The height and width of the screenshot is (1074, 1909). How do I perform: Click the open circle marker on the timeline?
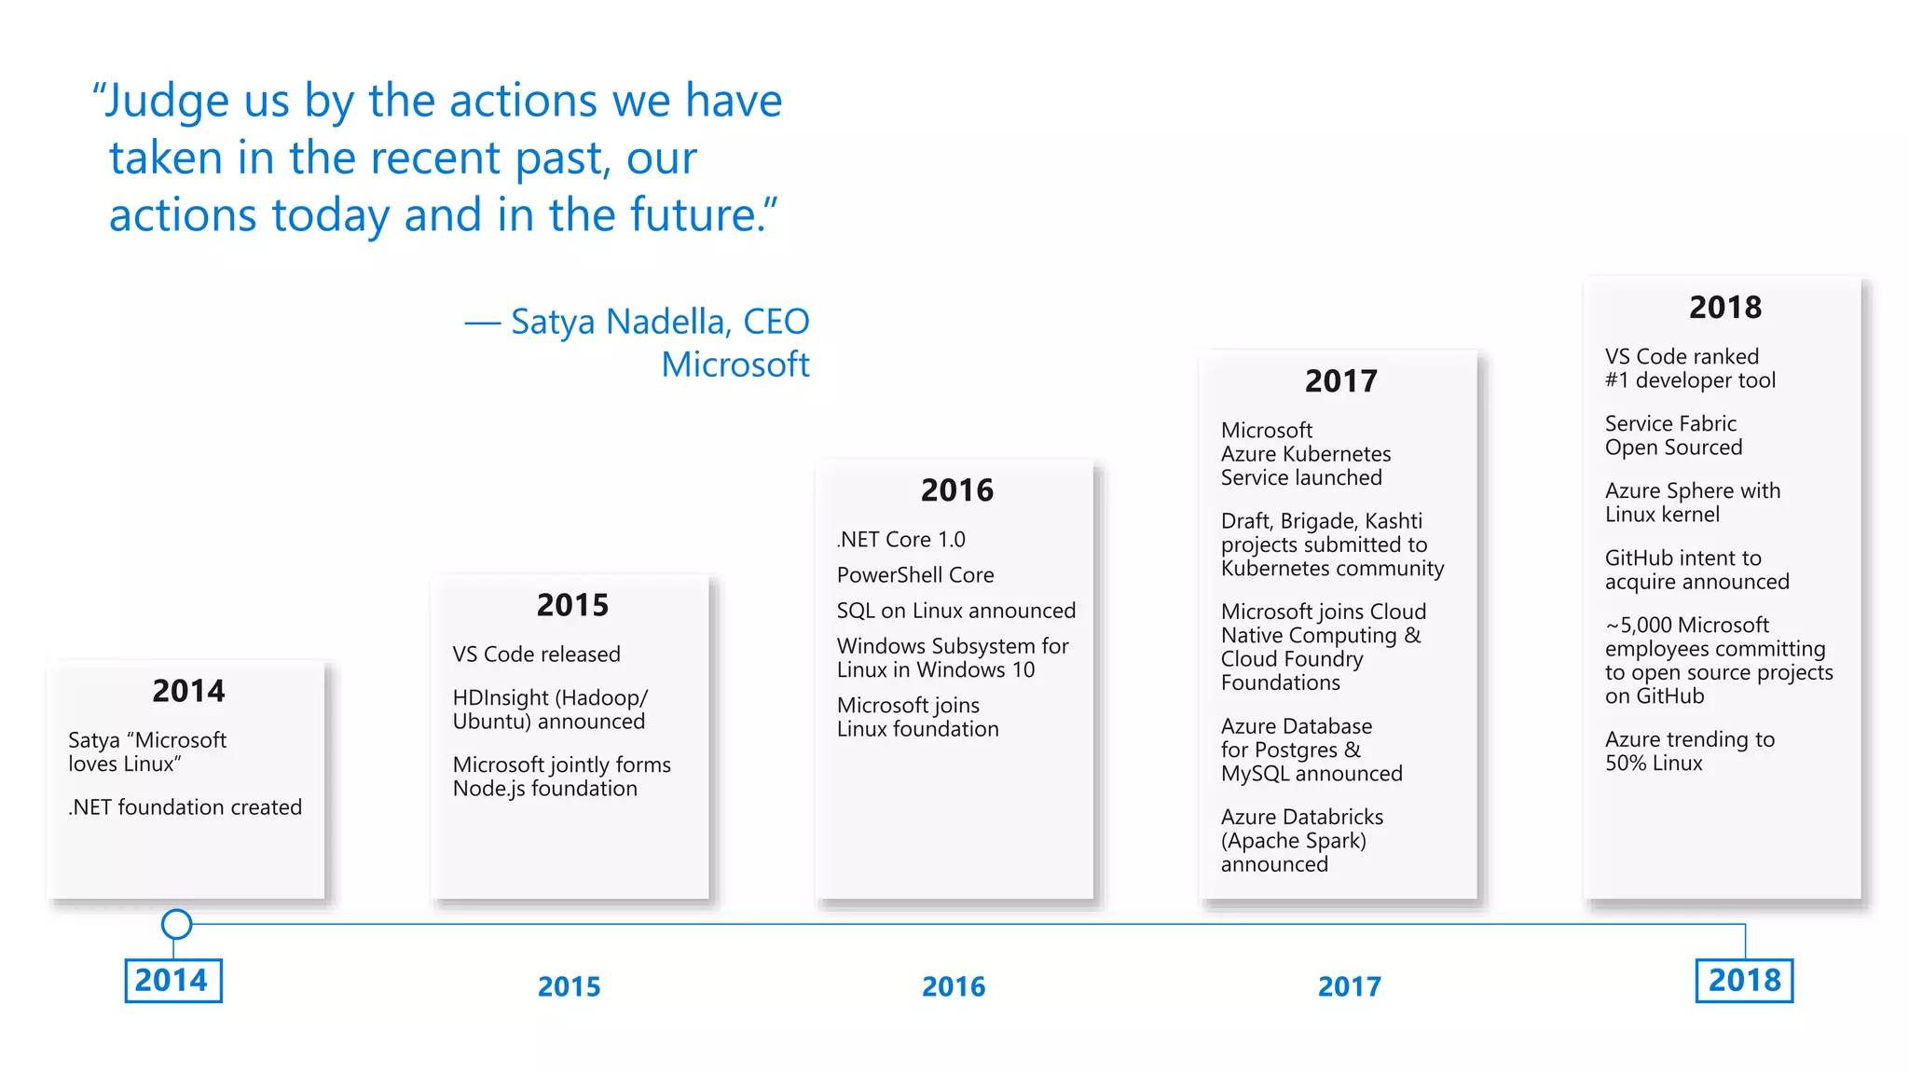click(x=176, y=924)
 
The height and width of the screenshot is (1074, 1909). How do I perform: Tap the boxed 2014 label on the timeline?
click(x=172, y=981)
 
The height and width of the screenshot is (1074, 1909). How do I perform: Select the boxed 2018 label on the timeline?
click(x=1744, y=981)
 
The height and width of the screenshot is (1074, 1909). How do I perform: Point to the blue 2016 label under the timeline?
click(x=953, y=986)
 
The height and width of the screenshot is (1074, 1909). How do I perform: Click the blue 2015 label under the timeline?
click(x=569, y=986)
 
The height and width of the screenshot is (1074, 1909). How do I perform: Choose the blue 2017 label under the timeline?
click(x=1349, y=986)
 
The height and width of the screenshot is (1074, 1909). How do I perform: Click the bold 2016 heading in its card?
click(x=956, y=490)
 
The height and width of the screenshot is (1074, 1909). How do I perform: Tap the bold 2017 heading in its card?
click(x=1340, y=381)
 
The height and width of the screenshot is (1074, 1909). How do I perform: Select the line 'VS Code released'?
click(x=536, y=654)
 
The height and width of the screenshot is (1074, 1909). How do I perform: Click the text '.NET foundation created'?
click(x=185, y=807)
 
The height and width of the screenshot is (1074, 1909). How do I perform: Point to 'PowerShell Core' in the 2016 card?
click(x=914, y=575)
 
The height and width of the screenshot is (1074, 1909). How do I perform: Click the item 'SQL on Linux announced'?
click(x=955, y=611)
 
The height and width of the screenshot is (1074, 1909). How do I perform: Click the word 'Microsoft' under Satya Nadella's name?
click(x=735, y=365)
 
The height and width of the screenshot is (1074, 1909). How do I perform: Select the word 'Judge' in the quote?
click(x=167, y=101)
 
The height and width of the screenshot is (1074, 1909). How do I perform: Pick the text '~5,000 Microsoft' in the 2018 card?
click(x=1686, y=626)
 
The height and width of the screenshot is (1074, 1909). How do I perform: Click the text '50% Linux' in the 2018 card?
click(x=1653, y=764)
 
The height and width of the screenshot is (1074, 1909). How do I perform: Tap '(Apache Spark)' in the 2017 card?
click(x=1293, y=841)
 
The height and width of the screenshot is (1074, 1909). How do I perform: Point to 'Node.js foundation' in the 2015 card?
click(x=544, y=789)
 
